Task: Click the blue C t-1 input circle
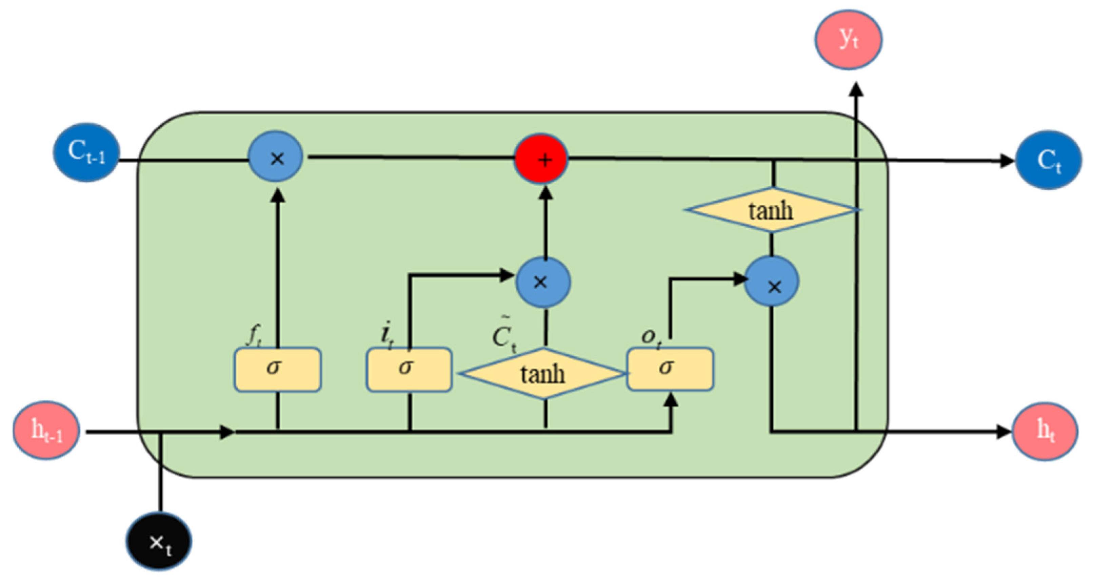coord(86,153)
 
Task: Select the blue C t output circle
coord(1048,160)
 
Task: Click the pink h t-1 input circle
coord(46,430)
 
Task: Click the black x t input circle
coord(159,541)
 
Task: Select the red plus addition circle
coord(541,159)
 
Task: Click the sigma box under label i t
coord(409,369)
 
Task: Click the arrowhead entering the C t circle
coord(1007,161)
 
